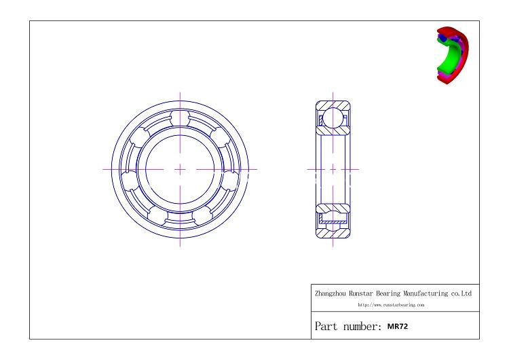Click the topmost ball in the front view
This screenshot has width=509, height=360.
pos(180,118)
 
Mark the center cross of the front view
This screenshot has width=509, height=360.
pos(180,168)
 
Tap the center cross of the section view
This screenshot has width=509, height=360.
pos(333,168)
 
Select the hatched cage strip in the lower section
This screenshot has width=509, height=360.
pos(333,221)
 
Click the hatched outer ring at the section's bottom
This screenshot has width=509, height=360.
pos(333,232)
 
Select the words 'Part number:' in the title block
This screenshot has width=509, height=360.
pos(346,325)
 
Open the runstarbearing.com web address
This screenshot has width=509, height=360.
pos(390,306)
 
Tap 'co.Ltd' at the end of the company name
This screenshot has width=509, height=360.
pos(460,294)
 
